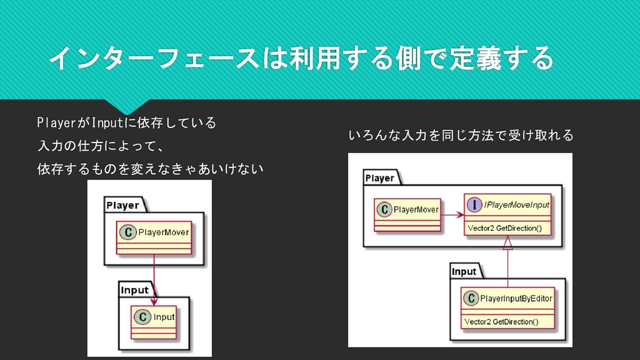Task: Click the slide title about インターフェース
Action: pyautogui.click(x=300, y=59)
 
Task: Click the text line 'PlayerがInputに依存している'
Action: pyautogui.click(x=126, y=122)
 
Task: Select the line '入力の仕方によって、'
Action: pyautogui.click(x=101, y=146)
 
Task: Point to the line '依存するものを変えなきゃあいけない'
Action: pyautogui.click(x=150, y=169)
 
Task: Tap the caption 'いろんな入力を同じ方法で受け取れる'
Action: pyautogui.click(x=461, y=135)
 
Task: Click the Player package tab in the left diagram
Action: pyautogui.click(x=123, y=205)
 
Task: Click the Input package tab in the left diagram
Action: pyautogui.click(x=135, y=290)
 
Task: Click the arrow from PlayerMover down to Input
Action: pyautogui.click(x=153, y=275)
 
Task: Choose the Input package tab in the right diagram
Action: pyautogui.click(x=464, y=271)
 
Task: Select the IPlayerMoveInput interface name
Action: pyautogui.click(x=516, y=204)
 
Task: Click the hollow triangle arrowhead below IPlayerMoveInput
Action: pyautogui.click(x=508, y=241)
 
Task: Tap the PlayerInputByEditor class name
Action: pyautogui.click(x=516, y=299)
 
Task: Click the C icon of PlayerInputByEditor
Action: pyautogui.click(x=471, y=299)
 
